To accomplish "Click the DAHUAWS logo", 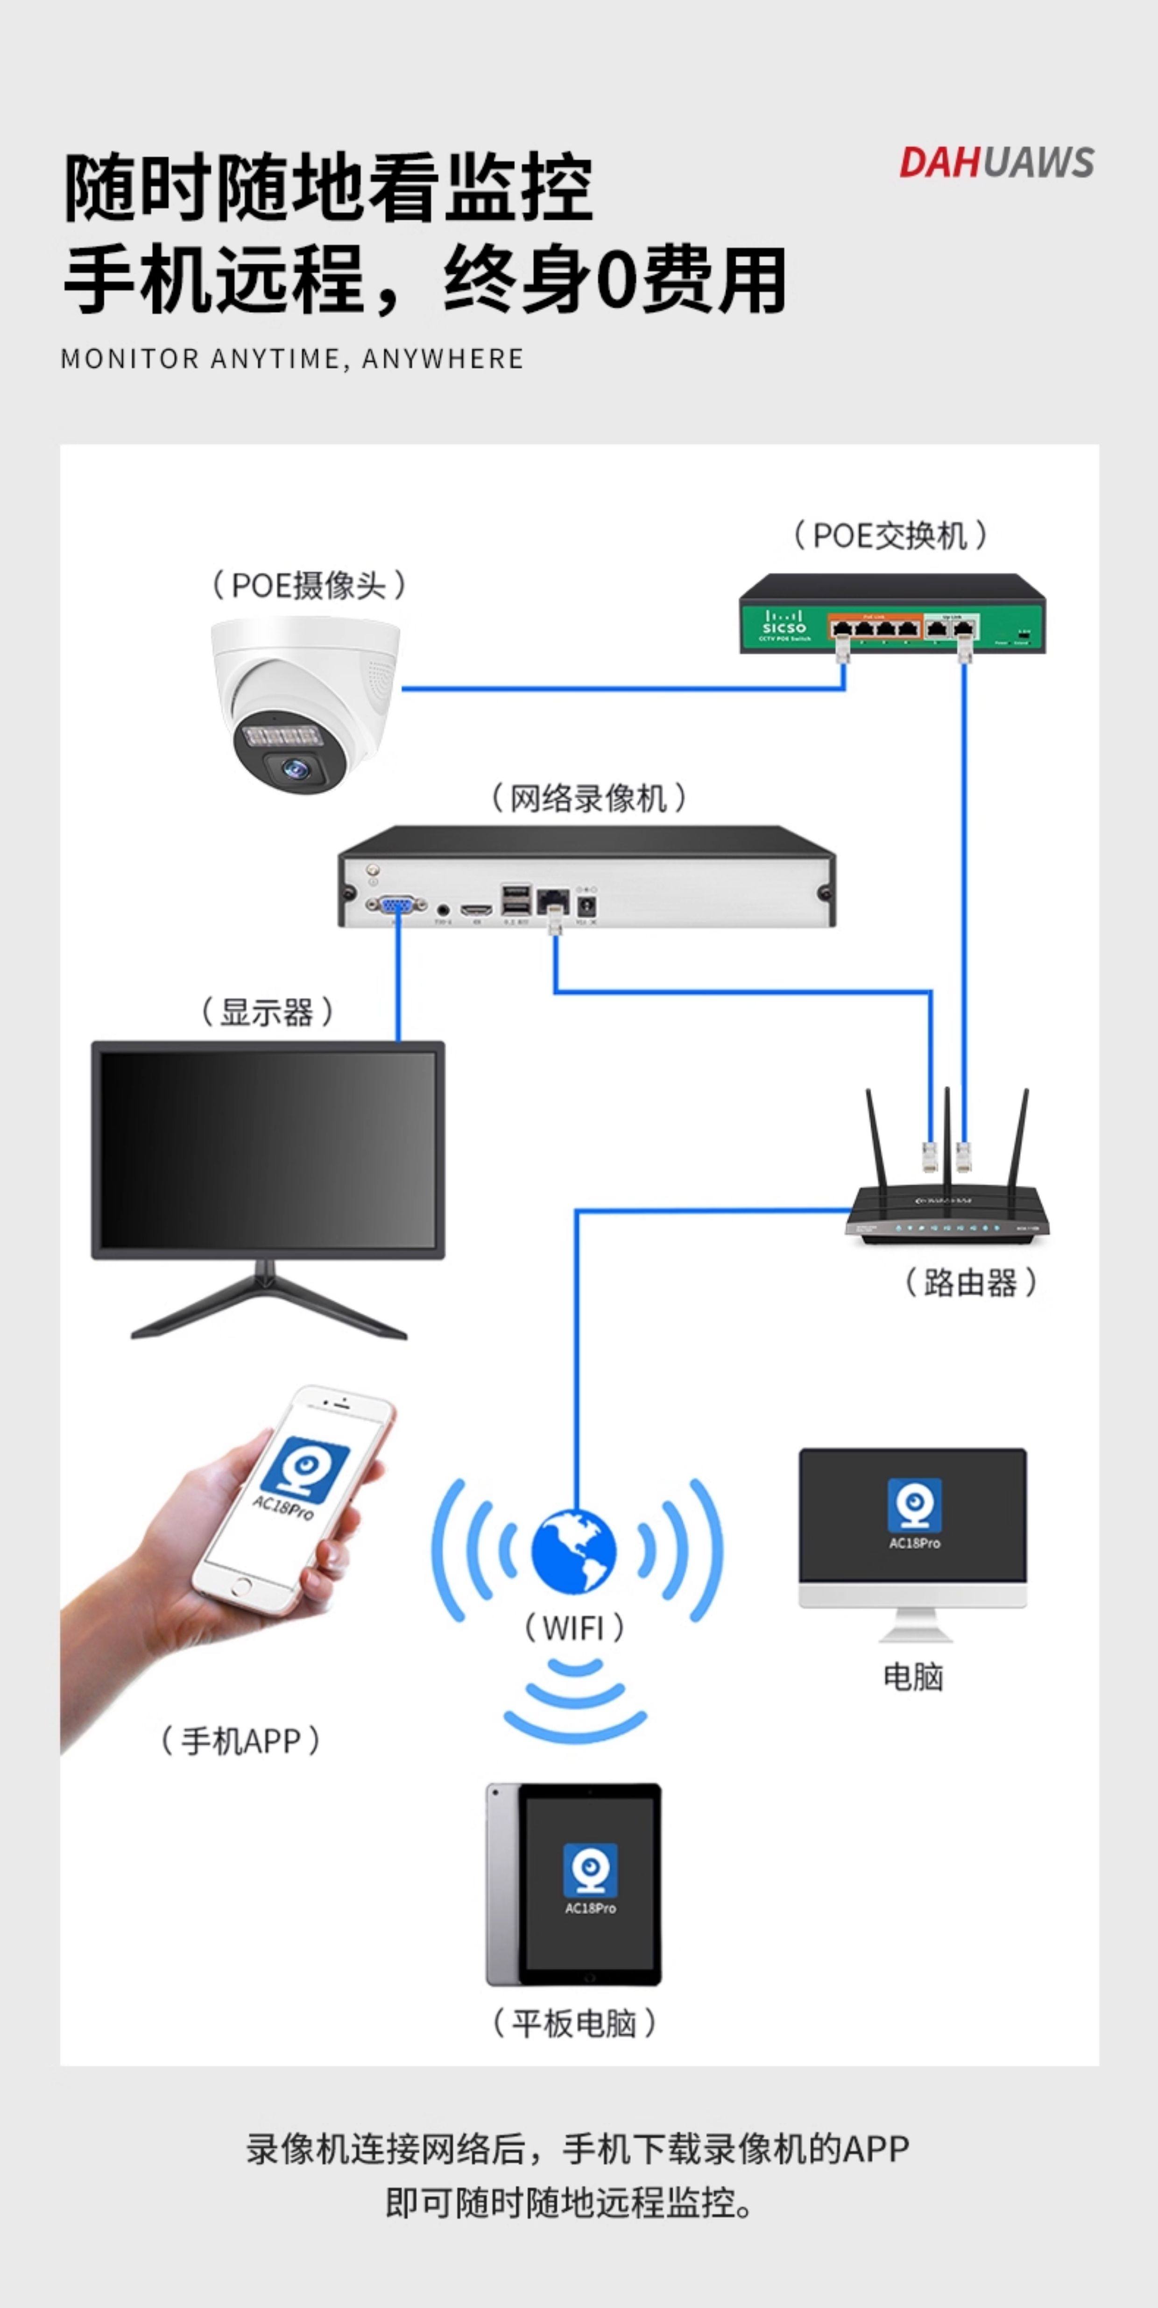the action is click(996, 162).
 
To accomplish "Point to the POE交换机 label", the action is click(890, 536).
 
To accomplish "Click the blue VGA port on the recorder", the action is click(395, 906).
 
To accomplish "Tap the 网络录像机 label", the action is click(588, 798).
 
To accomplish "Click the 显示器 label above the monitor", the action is click(266, 1012).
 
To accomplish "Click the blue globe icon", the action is click(574, 1552).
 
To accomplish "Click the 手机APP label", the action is click(240, 1741).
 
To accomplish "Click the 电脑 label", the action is click(912, 1676).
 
